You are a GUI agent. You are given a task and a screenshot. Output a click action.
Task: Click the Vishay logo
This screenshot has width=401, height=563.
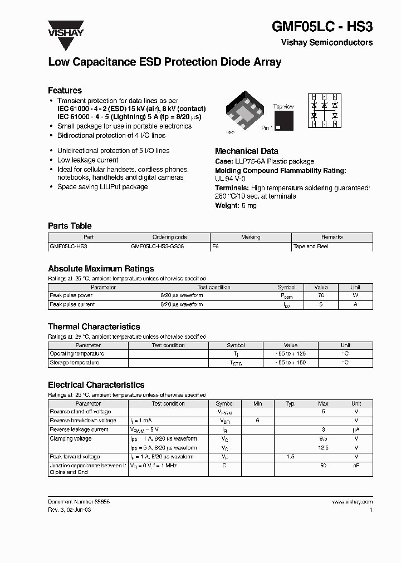pyautogui.click(x=65, y=28)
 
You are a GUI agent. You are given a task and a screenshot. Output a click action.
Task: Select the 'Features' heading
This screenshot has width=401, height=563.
pyautogui.click(x=65, y=90)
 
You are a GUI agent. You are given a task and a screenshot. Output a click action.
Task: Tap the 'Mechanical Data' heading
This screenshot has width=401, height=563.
pyautogui.click(x=246, y=151)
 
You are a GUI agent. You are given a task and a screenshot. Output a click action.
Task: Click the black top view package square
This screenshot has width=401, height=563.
pyautogui.click(x=283, y=121)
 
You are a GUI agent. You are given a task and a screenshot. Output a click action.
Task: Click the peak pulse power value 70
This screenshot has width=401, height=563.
pyautogui.click(x=320, y=296)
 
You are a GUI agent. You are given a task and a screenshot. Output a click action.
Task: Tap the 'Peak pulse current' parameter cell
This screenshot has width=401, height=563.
pyautogui.click(x=72, y=305)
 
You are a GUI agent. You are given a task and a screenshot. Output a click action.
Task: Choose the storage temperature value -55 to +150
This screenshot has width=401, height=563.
pyautogui.click(x=290, y=363)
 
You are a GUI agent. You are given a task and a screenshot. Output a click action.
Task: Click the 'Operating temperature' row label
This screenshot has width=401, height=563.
pyautogui.click(x=77, y=354)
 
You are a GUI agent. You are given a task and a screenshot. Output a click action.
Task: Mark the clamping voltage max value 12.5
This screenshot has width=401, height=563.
pyautogui.click(x=323, y=447)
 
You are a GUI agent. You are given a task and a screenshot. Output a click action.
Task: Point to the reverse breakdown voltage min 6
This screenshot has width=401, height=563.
pyautogui.click(x=257, y=421)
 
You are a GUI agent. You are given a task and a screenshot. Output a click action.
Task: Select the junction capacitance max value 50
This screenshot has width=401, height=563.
pyautogui.click(x=323, y=465)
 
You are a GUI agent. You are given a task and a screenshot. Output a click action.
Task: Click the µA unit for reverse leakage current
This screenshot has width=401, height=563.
pyautogui.click(x=356, y=429)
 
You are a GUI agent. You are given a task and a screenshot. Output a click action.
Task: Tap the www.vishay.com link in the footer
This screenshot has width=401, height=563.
pyautogui.click(x=352, y=502)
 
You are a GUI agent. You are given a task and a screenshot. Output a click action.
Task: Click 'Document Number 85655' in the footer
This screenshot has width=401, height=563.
pyautogui.click(x=79, y=502)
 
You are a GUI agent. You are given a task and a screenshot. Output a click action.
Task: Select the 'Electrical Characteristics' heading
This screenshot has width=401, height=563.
pyautogui.click(x=96, y=384)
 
